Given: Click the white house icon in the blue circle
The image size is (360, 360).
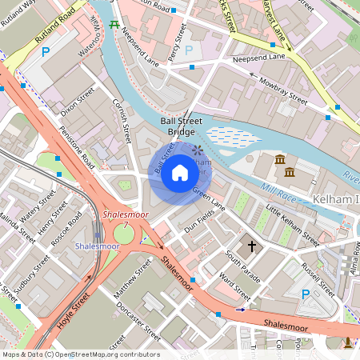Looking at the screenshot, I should point(180,172).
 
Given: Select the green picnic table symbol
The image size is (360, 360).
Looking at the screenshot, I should point(114,24).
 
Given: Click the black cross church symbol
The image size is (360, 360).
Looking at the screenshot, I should point(252,246).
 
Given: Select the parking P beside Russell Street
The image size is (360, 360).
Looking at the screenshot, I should point(305,294).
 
